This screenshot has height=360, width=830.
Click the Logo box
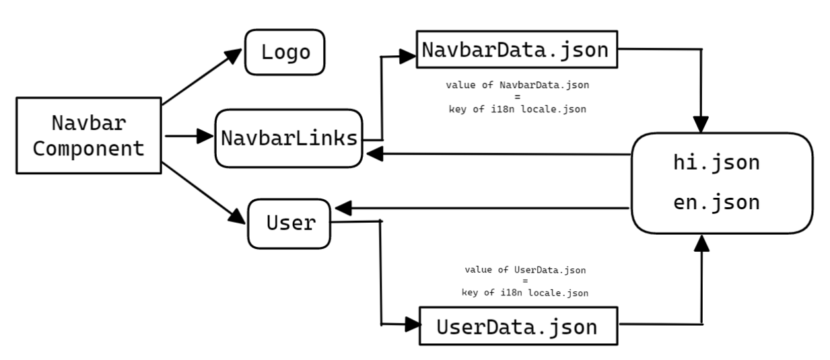point(285,52)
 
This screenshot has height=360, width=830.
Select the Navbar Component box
point(88,136)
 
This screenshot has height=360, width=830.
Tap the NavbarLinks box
point(289,139)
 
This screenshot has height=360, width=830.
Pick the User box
point(289,223)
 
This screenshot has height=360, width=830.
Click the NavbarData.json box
point(516,49)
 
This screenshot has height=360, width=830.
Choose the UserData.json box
point(517,326)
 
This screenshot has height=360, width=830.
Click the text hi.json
point(716,162)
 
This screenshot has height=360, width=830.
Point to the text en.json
point(716,203)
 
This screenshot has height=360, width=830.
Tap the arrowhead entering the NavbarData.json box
point(408,57)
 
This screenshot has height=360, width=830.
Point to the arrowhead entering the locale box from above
point(701,125)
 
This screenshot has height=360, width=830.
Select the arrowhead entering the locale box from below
point(701,244)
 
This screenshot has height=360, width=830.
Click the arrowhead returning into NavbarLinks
point(374,154)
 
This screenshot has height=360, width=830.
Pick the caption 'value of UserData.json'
point(525,270)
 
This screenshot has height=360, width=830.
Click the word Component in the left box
point(88,149)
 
